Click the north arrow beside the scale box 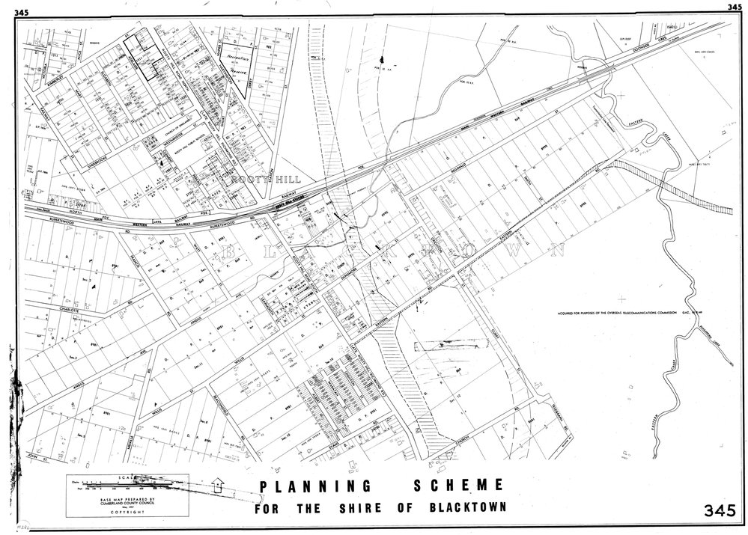(218, 485)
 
